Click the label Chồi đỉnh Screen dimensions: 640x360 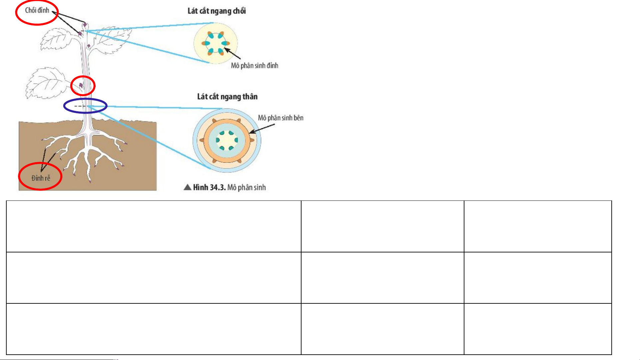click(x=37, y=10)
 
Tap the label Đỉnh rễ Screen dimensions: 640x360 click(x=41, y=178)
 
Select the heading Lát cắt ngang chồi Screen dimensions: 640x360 click(x=217, y=11)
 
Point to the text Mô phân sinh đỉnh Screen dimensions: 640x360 click(x=255, y=66)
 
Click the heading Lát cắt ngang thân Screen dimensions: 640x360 click(x=227, y=97)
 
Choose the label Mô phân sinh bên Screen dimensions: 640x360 click(x=281, y=118)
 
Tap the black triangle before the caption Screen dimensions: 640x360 click(x=188, y=187)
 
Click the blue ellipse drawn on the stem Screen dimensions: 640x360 click(x=85, y=99)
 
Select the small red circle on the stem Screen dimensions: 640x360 click(x=83, y=76)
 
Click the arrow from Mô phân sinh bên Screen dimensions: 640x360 click(x=262, y=129)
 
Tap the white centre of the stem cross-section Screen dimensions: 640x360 click(x=227, y=140)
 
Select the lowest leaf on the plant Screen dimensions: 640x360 click(x=47, y=83)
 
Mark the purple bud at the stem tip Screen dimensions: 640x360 click(x=85, y=25)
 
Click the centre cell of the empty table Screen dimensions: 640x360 click(x=382, y=278)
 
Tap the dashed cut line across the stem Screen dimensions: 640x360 click(x=80, y=106)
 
